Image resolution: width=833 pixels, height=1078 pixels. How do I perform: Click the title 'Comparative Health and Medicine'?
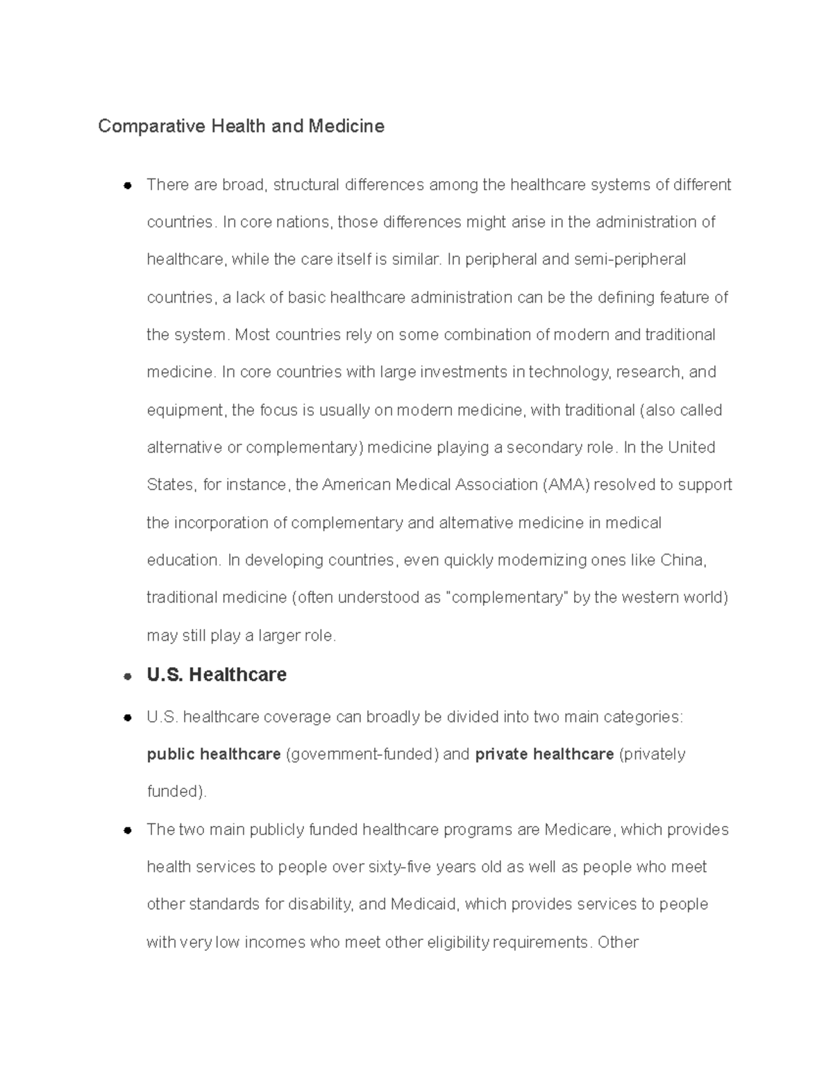coord(241,126)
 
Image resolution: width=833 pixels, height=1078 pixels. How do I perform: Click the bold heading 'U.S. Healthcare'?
coord(217,675)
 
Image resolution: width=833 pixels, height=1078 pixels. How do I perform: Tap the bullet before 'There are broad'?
coord(127,185)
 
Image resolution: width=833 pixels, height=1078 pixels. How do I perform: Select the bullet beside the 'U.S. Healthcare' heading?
coord(127,675)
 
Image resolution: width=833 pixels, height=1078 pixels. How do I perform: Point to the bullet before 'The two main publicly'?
coord(127,830)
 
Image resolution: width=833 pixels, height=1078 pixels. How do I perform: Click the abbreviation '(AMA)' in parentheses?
coord(564,485)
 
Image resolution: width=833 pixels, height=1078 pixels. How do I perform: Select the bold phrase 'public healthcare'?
coord(214,754)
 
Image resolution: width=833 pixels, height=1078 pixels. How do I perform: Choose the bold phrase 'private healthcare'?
coord(544,754)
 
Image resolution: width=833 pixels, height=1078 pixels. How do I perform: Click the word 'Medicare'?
coord(578,829)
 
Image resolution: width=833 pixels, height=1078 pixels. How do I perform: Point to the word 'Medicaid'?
coord(423,904)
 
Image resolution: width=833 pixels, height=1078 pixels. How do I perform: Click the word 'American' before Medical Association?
coord(356,485)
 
